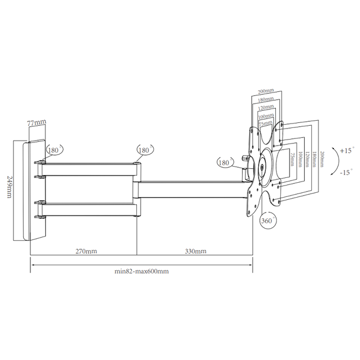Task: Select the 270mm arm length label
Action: [x=86, y=251]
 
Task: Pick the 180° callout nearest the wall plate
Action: [x=54, y=150]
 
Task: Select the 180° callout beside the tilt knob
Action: [x=224, y=163]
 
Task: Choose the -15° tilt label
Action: [x=346, y=172]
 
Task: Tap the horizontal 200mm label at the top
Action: [x=266, y=91]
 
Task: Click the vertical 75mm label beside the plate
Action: [x=293, y=161]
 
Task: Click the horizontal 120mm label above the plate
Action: [x=266, y=107]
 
